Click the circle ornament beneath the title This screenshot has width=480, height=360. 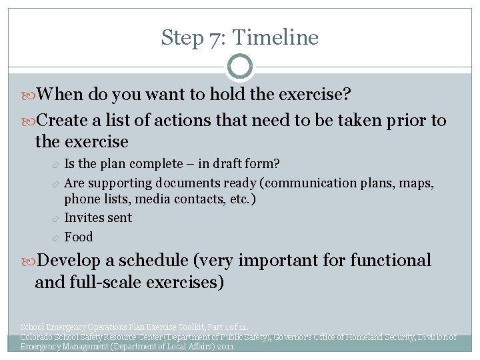pos(240,67)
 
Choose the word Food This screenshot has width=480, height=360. pos(79,237)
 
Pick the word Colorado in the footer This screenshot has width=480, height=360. pos(37,337)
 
